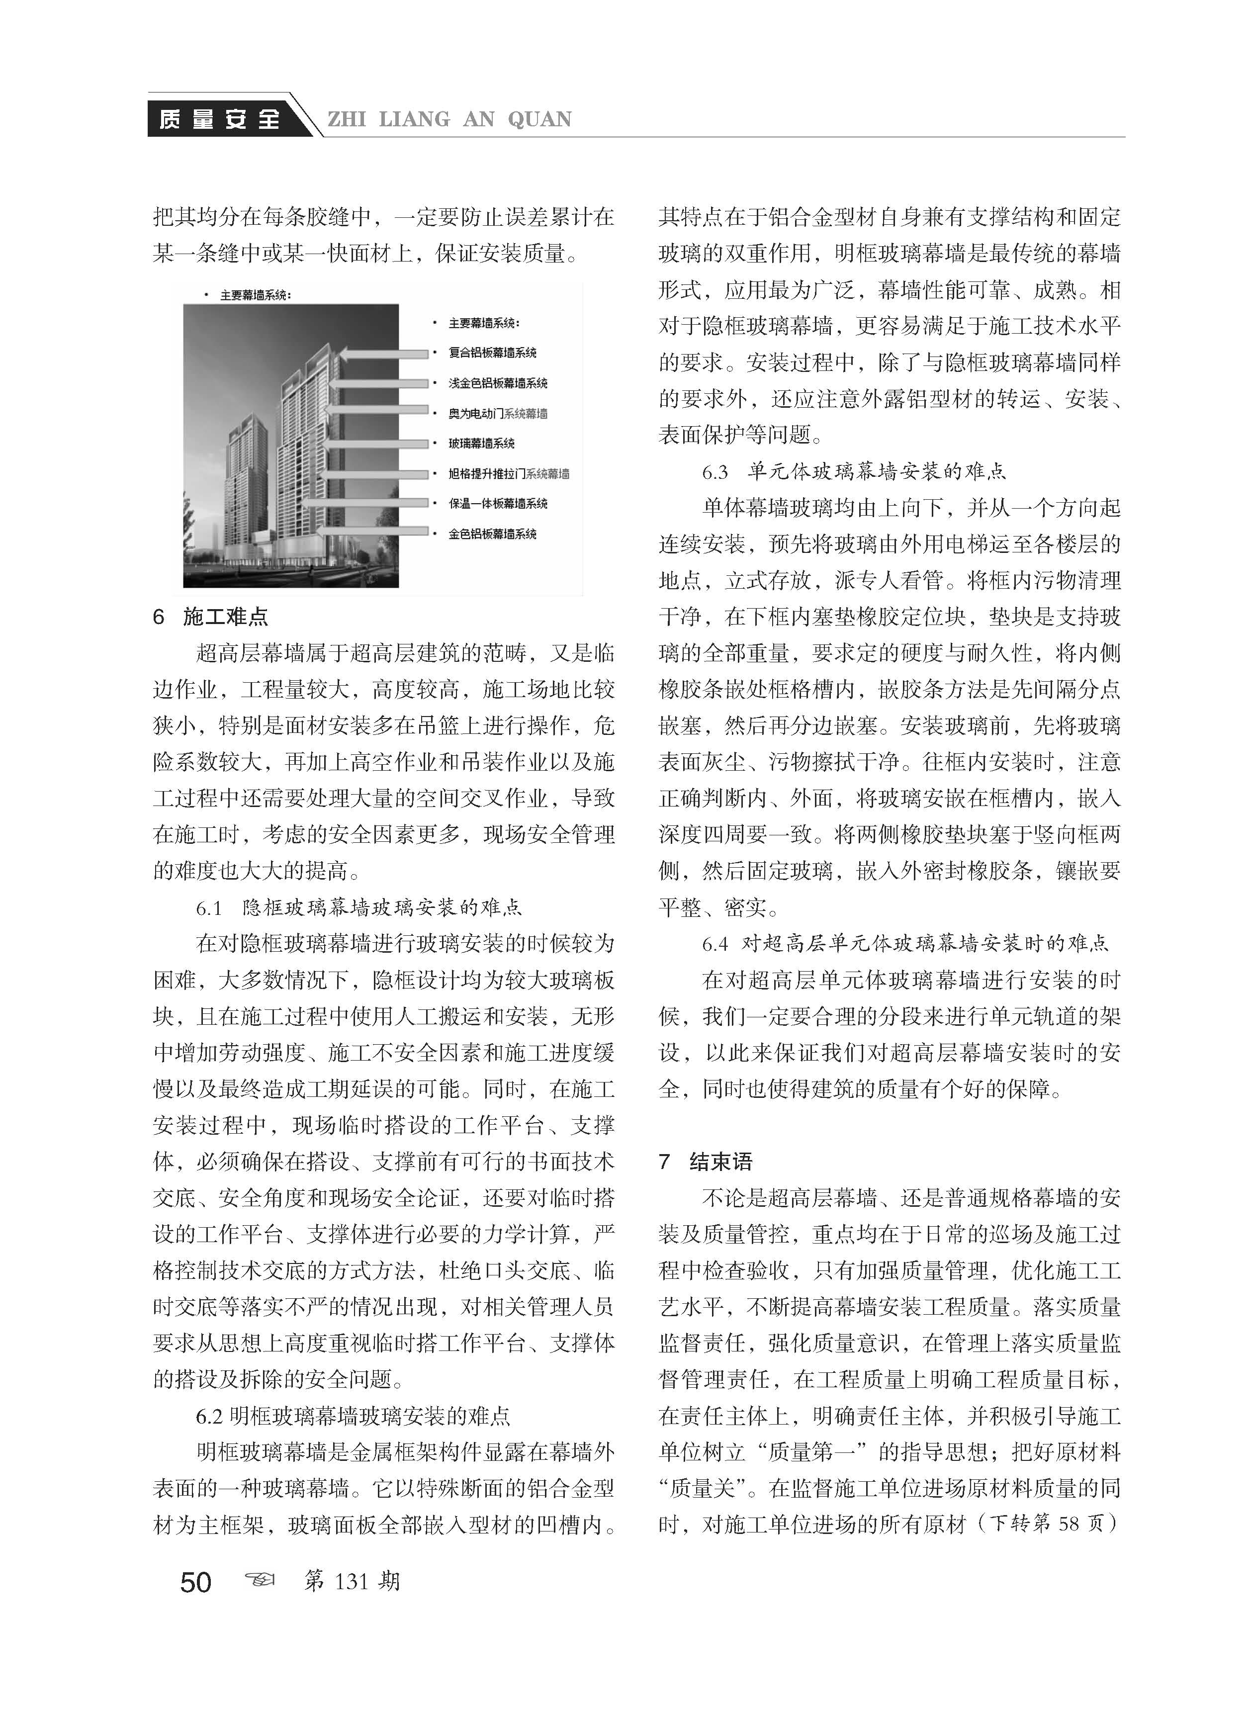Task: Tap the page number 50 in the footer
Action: [195, 1582]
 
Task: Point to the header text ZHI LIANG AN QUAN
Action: [449, 120]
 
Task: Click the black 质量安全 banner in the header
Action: [220, 119]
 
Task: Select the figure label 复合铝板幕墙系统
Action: [492, 353]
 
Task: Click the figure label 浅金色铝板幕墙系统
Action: [498, 383]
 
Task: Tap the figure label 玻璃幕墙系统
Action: [482, 443]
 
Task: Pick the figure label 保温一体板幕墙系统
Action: [498, 504]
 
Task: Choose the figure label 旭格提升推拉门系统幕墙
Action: [508, 474]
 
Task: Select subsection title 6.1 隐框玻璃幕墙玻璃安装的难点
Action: [359, 907]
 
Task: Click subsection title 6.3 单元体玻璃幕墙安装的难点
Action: [854, 472]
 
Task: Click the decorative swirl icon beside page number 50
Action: [260, 1580]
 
